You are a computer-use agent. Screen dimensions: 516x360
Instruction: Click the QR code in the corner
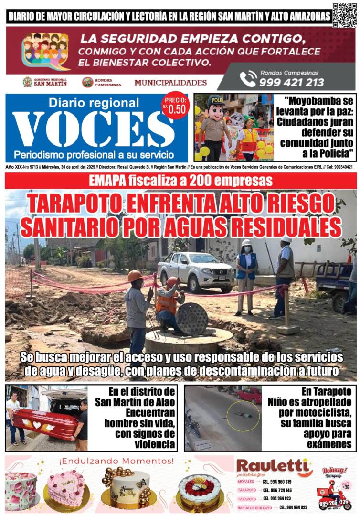(x=344, y=15)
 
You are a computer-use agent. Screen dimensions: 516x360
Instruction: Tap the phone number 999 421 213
(x=291, y=82)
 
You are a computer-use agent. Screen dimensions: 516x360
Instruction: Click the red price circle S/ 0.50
(x=175, y=105)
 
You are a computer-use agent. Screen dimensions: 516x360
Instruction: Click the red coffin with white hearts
(x=46, y=423)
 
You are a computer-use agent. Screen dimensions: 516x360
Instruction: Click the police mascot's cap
(x=215, y=101)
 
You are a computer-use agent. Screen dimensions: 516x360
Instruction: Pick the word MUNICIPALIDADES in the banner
(x=170, y=82)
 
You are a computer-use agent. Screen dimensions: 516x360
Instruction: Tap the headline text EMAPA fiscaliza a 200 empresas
(x=180, y=181)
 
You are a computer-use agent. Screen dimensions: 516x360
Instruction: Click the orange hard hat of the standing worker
(x=135, y=276)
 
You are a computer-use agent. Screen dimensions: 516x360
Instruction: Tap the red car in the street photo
(x=249, y=395)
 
